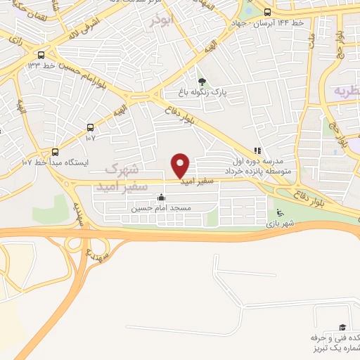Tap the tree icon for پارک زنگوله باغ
click(x=202, y=82)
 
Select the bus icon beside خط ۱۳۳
click(x=41, y=55)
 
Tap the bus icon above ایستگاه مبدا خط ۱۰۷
click(x=56, y=151)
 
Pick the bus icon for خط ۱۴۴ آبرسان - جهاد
click(x=267, y=12)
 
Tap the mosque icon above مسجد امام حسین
click(x=162, y=198)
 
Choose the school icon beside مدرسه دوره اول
click(x=257, y=150)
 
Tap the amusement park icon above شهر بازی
click(x=281, y=213)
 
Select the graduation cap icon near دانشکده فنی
click(x=342, y=327)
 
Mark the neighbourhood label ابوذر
click(x=160, y=20)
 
